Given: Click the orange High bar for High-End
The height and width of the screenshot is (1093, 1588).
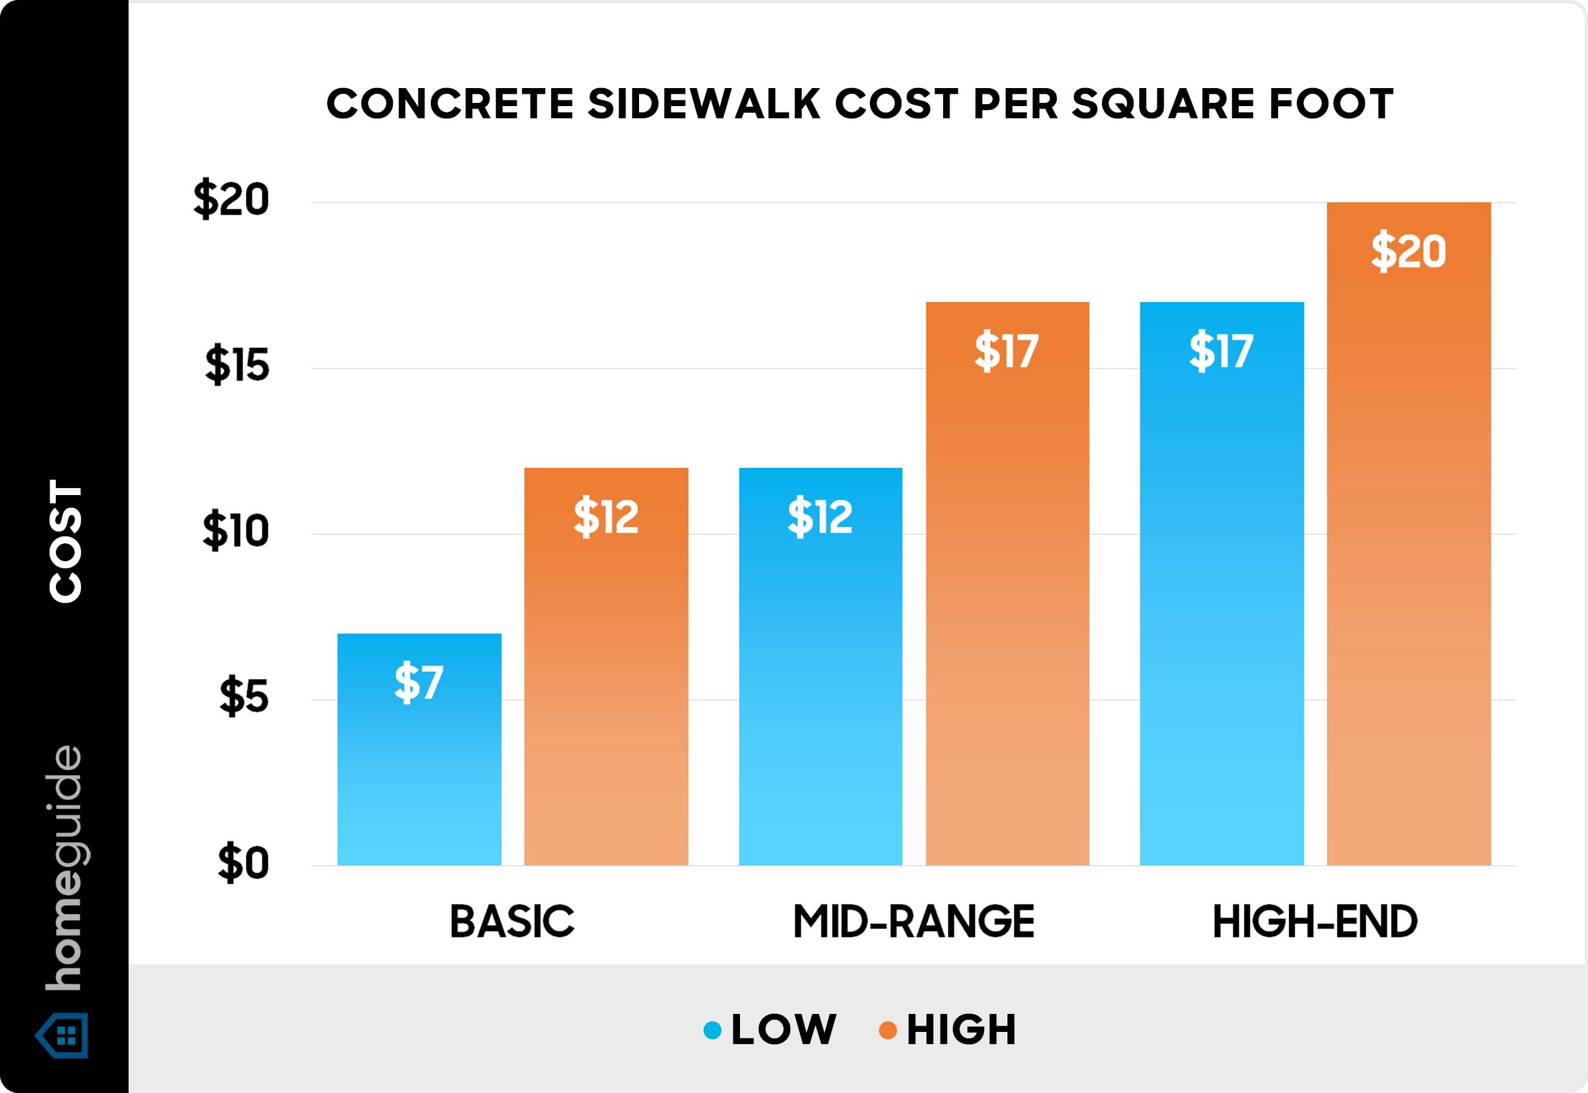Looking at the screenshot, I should tap(1409, 534).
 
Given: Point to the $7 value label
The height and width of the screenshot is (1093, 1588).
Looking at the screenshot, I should tap(419, 682).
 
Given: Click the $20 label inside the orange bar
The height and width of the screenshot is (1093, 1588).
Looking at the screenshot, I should tap(1408, 251).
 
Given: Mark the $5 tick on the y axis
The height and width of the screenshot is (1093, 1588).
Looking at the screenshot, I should tap(243, 697).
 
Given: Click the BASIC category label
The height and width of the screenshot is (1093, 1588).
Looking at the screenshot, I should tap(512, 922).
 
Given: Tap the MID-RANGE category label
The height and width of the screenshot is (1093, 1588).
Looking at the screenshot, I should tap(914, 922).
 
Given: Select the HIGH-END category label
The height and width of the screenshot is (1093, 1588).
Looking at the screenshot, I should tap(1314, 922).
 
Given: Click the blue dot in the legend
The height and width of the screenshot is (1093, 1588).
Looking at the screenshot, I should tap(712, 1030).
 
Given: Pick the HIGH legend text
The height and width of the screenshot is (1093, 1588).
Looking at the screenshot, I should tap(961, 1030).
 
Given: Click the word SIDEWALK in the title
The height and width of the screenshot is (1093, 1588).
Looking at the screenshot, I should tap(704, 104).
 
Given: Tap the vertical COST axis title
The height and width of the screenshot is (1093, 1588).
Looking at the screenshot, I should tap(66, 541).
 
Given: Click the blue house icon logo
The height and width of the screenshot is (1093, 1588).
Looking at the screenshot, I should tap(64, 1036).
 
